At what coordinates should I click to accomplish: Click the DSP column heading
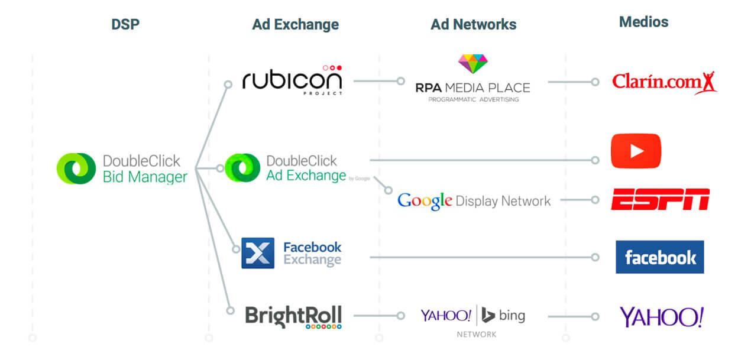pyautogui.click(x=125, y=24)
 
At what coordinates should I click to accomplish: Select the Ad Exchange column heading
pyautogui.click(x=295, y=24)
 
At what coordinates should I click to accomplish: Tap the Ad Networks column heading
pyautogui.click(x=473, y=24)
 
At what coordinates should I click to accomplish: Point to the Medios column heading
pyautogui.click(x=643, y=22)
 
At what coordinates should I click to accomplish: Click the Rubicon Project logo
pyautogui.click(x=292, y=80)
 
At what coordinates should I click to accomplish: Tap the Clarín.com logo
pyautogui.click(x=663, y=82)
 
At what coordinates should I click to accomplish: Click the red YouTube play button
pyautogui.click(x=636, y=151)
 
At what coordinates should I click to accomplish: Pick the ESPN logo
pyautogui.click(x=659, y=200)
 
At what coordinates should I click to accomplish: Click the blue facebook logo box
pyautogui.click(x=659, y=257)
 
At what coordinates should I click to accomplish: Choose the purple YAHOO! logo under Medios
pyautogui.click(x=661, y=317)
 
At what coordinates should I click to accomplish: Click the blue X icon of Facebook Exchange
pyautogui.click(x=258, y=253)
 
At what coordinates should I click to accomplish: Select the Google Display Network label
pyautogui.click(x=474, y=201)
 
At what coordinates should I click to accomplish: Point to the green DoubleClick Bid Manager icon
pyautogui.click(x=76, y=168)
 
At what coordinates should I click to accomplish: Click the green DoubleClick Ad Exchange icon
pyautogui.click(x=242, y=168)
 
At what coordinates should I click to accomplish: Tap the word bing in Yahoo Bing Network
pyautogui.click(x=511, y=315)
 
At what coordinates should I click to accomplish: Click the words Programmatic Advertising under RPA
pyautogui.click(x=473, y=99)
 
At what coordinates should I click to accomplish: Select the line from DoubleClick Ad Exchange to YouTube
pyautogui.click(x=479, y=160)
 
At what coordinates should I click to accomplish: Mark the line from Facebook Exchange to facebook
pyautogui.click(x=479, y=257)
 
